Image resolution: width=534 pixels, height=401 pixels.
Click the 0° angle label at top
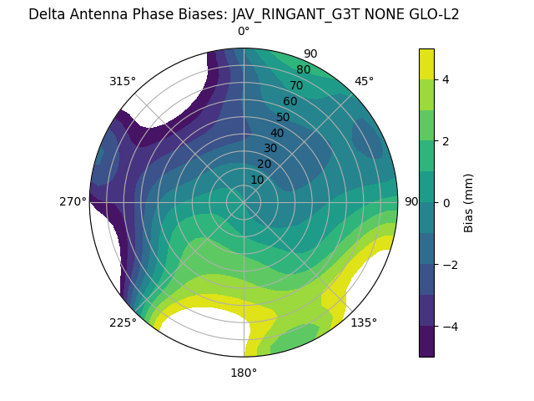[244, 32]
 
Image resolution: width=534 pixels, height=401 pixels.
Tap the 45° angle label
[364, 81]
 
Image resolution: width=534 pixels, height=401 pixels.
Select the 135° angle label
[364, 322]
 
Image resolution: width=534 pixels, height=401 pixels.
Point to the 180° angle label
[244, 373]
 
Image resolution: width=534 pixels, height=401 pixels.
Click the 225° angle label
[123, 322]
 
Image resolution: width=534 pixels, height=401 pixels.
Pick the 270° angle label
[73, 201]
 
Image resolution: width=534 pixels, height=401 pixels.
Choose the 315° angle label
[123, 81]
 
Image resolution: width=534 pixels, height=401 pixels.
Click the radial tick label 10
[257, 180]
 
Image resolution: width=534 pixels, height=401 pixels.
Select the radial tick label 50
[283, 118]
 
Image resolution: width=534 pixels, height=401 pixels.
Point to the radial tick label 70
[296, 85]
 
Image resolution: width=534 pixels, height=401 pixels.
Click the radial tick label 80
[303, 70]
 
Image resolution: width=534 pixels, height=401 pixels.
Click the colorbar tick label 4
[445, 79]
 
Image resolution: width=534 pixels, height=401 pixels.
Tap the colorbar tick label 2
[445, 141]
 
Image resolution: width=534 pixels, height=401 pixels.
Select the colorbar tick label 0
[445, 203]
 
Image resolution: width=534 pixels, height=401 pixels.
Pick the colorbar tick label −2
[448, 265]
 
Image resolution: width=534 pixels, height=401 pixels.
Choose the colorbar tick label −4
[448, 327]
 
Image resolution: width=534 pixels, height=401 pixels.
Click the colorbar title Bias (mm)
[469, 203]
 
